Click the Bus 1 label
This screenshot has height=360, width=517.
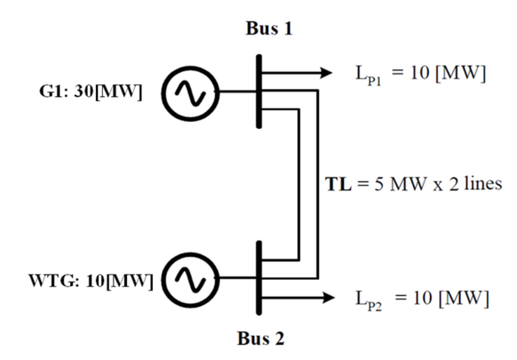[x=269, y=28]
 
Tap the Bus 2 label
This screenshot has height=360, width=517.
[x=261, y=338]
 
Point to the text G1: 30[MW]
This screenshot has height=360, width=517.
[x=91, y=92]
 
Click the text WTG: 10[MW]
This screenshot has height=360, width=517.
[x=91, y=281]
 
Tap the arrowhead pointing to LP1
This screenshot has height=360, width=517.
[x=326, y=73]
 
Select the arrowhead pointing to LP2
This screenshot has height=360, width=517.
[x=328, y=298]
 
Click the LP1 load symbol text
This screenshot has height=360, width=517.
[x=369, y=75]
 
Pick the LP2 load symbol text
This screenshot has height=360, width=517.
[x=369, y=300]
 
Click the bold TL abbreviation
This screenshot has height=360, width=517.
[x=338, y=184]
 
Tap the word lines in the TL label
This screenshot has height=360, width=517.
[x=483, y=183]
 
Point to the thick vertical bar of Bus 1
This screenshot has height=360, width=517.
[x=259, y=92]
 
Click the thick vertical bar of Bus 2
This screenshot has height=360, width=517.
[x=259, y=278]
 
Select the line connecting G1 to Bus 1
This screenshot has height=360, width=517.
[x=238, y=92]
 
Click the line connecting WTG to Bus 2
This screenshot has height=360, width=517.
[x=238, y=278]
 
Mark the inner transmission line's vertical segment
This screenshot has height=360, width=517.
[x=298, y=185]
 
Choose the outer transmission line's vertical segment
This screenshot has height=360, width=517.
[x=318, y=184]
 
